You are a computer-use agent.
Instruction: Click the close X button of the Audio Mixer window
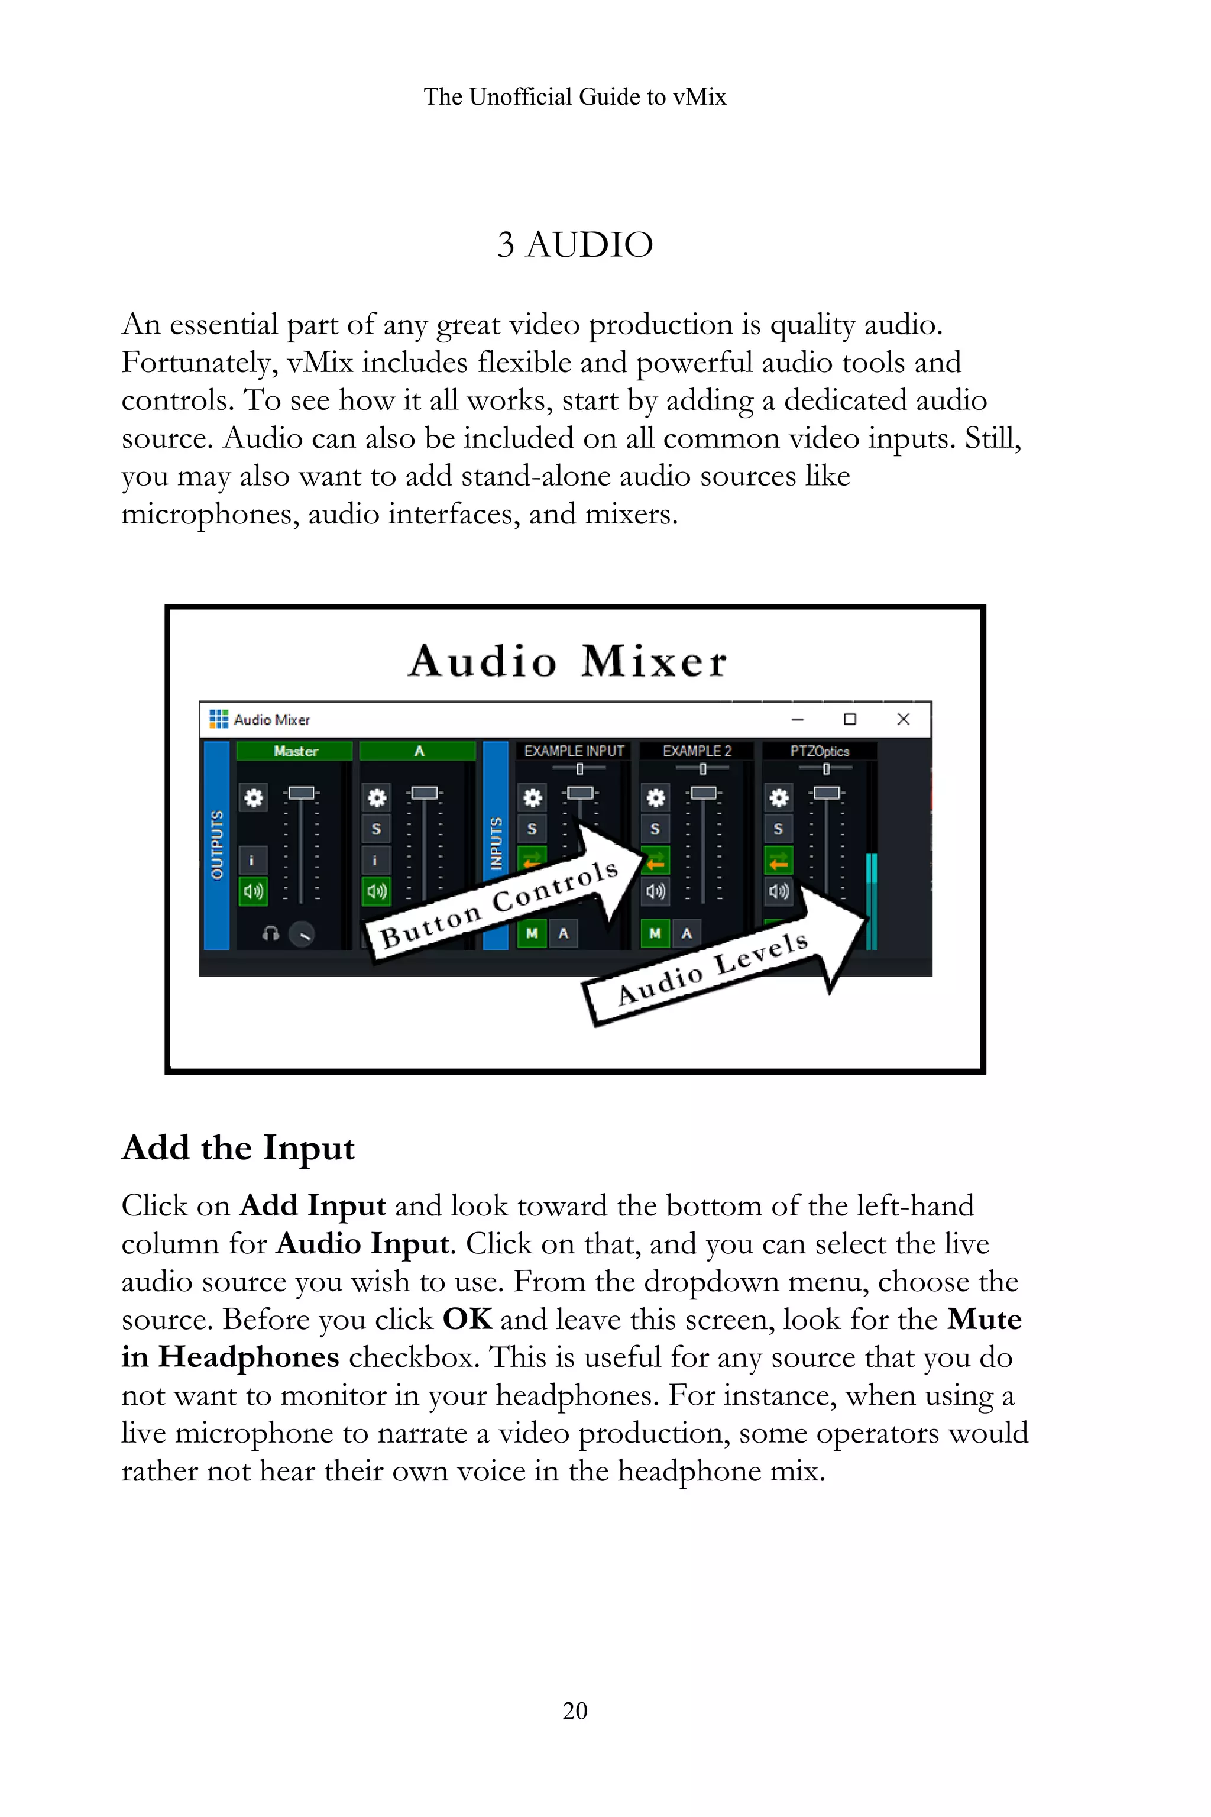pos(903,719)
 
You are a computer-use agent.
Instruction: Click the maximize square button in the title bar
pos(850,719)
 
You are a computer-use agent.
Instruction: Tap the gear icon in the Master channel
pos(253,797)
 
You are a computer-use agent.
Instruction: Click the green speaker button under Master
pos(253,891)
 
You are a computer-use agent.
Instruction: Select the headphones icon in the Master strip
pos(270,934)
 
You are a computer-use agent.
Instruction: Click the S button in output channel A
pos(376,829)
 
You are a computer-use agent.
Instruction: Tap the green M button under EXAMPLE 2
pos(655,933)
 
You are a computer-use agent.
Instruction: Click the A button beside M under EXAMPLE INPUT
pos(563,933)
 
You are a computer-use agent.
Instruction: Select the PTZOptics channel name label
pos(820,751)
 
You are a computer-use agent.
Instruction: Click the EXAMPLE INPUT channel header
pos(573,751)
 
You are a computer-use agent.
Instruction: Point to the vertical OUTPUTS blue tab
pos(217,845)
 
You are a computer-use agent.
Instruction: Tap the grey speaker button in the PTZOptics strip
pos(779,891)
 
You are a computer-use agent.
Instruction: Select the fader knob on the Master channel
pos(301,793)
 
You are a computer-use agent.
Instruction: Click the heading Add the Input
pos(238,1148)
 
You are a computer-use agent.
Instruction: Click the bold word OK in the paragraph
pos(467,1320)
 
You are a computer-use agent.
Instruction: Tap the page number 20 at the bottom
pos(575,1711)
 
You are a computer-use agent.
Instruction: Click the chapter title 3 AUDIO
pos(575,245)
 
